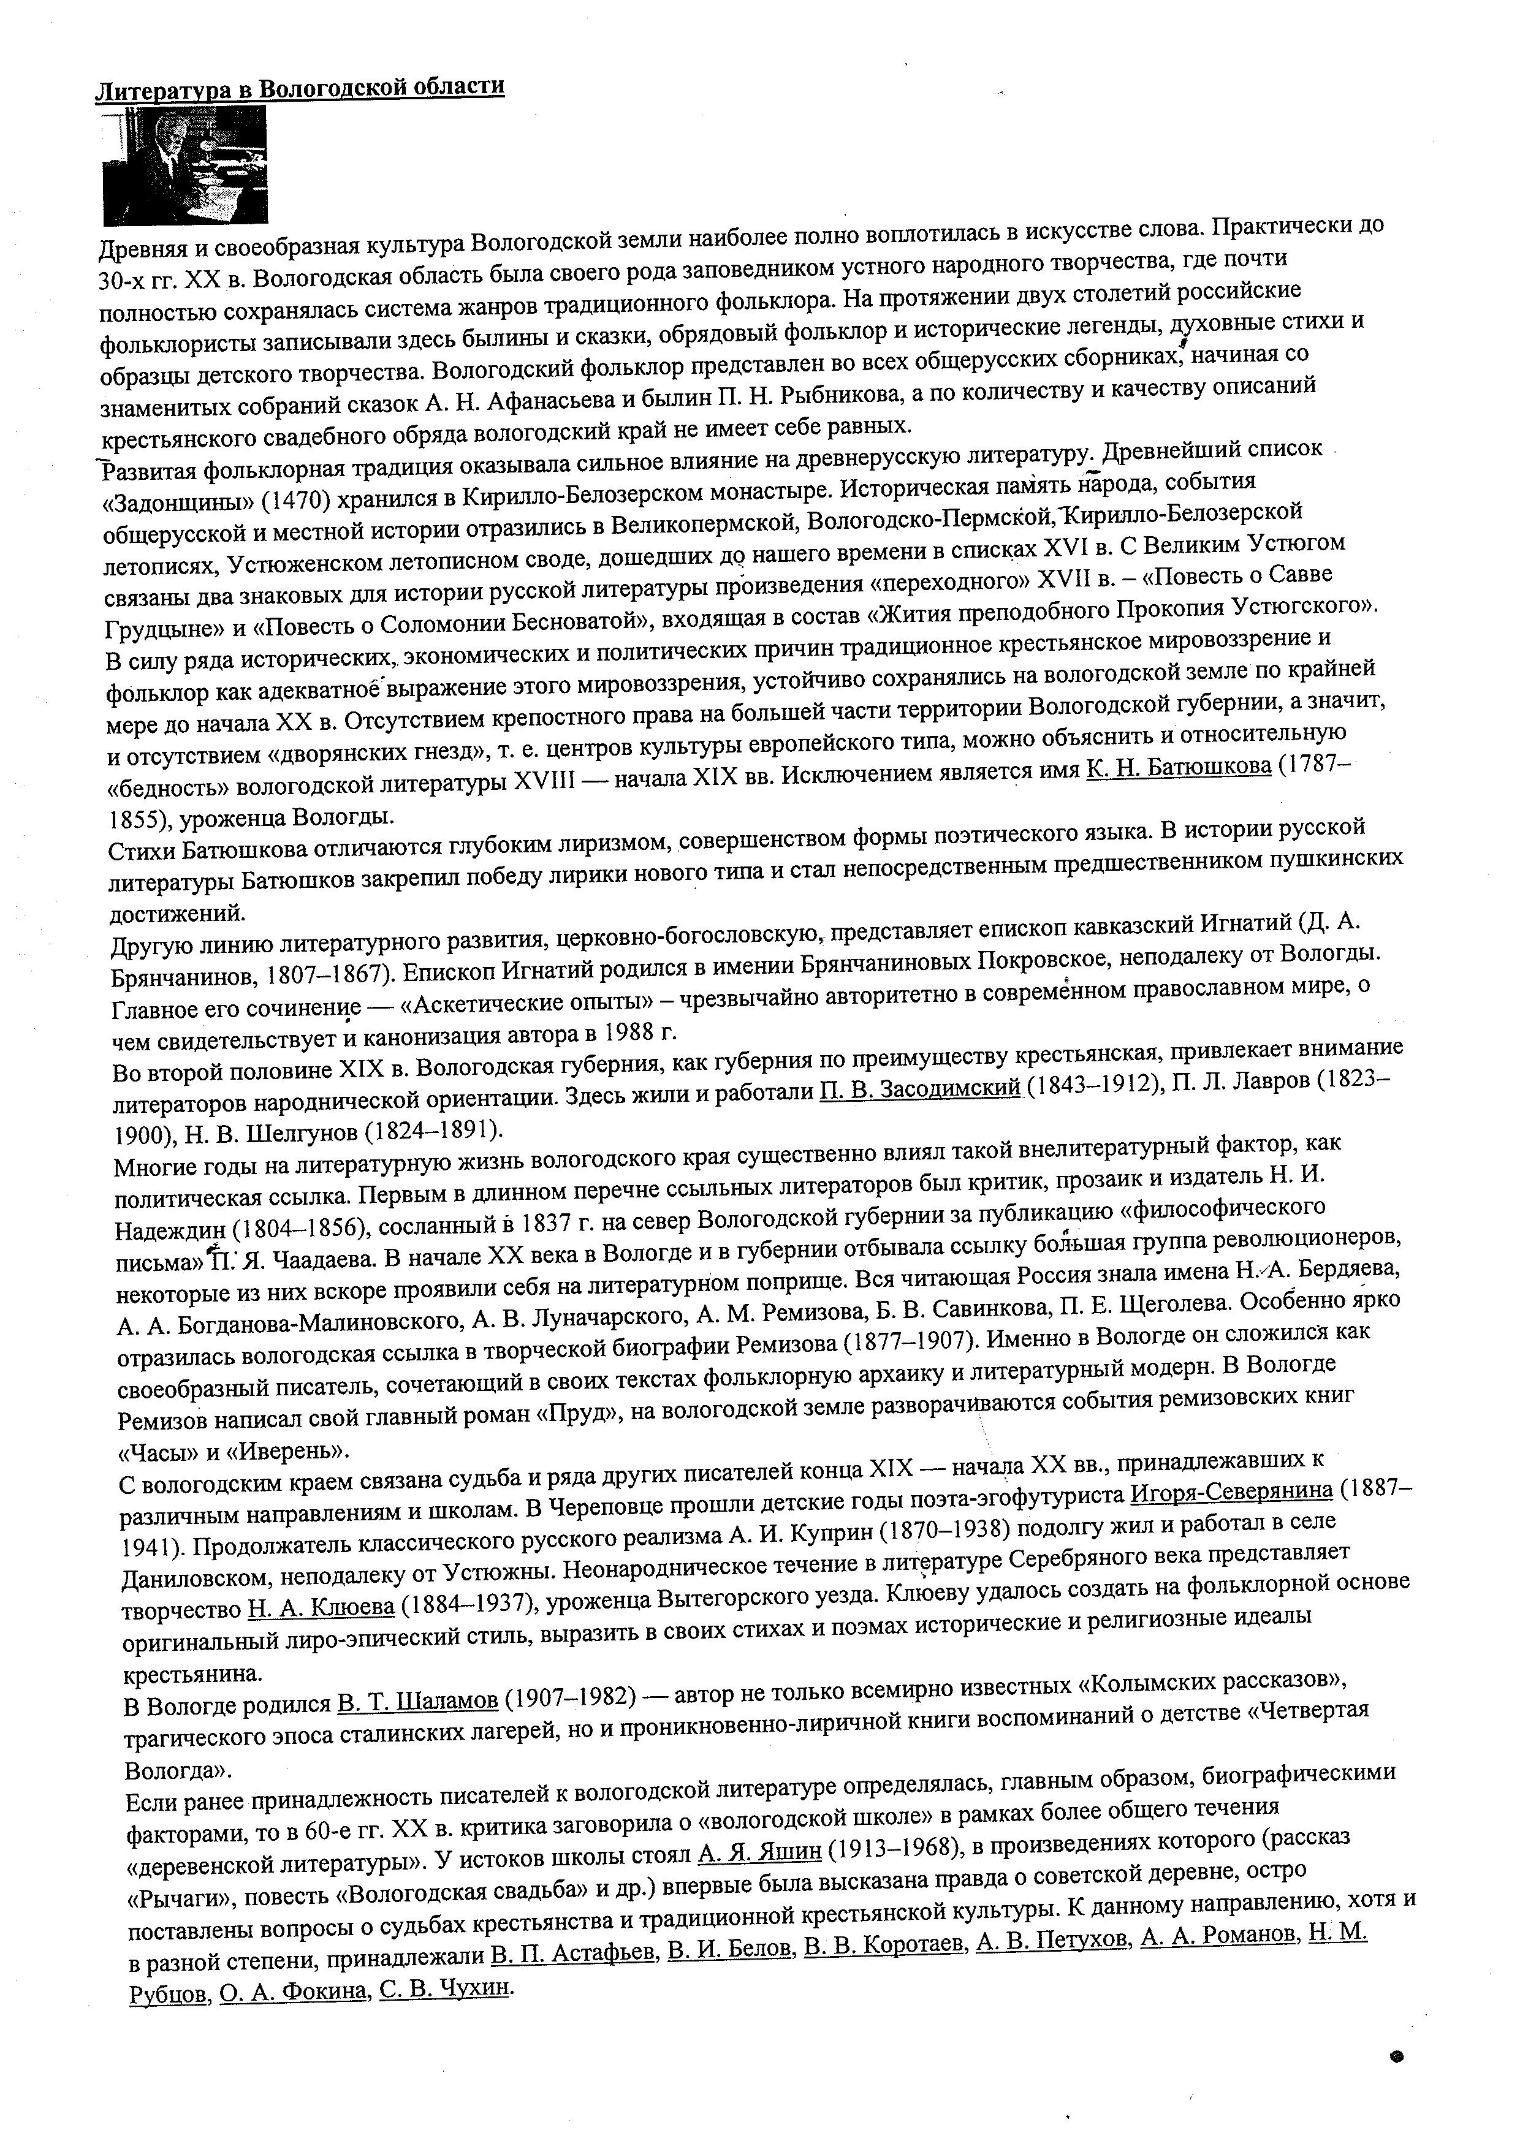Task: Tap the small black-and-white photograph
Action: [184, 165]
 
